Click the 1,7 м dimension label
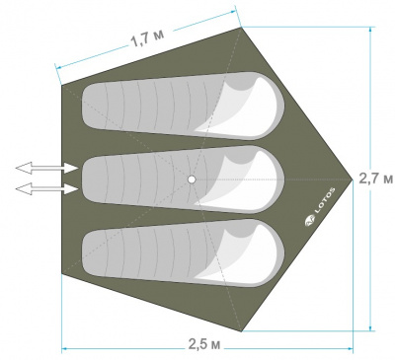click(x=147, y=38)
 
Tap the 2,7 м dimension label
click(x=375, y=179)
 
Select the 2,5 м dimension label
click(x=204, y=344)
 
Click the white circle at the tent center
click(x=192, y=180)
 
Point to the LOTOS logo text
click(x=325, y=201)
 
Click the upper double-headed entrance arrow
click(x=46, y=168)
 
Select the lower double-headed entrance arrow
click(x=46, y=189)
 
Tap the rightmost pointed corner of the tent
click(x=353, y=180)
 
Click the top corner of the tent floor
click(x=241, y=28)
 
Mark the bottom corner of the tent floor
click(x=242, y=331)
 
